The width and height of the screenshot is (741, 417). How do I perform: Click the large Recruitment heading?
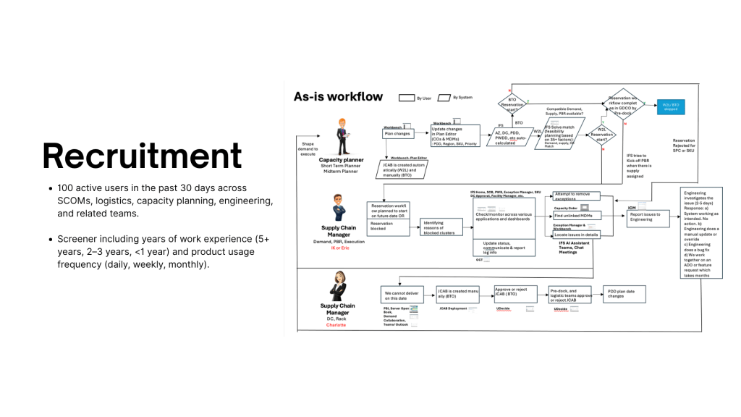[142, 155]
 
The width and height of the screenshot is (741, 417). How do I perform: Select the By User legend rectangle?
[407, 97]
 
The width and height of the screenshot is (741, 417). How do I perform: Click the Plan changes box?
[398, 133]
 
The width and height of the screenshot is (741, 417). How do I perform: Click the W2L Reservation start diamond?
[601, 134]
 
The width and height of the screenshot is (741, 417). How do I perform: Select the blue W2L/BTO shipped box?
[669, 106]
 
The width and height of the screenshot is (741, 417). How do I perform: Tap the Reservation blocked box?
[389, 227]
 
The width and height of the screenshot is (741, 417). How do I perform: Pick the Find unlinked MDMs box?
[575, 216]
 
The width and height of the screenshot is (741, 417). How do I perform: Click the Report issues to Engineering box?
[648, 217]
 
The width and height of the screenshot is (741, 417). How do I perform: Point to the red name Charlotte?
[336, 325]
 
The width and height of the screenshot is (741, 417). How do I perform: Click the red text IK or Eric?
[341, 248]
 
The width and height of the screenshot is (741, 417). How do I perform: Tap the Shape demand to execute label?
[308, 149]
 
